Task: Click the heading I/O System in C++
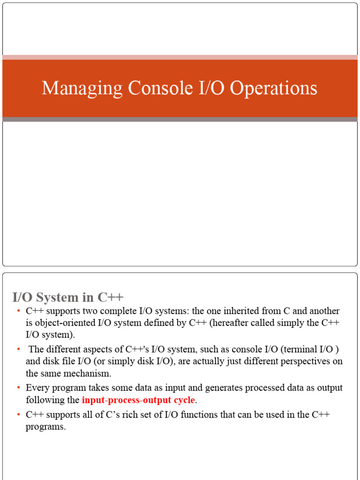coord(67,297)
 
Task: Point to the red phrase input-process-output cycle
coord(138,400)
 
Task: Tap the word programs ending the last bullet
coord(45,427)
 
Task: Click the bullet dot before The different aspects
coord(18,349)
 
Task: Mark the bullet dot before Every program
coord(18,388)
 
